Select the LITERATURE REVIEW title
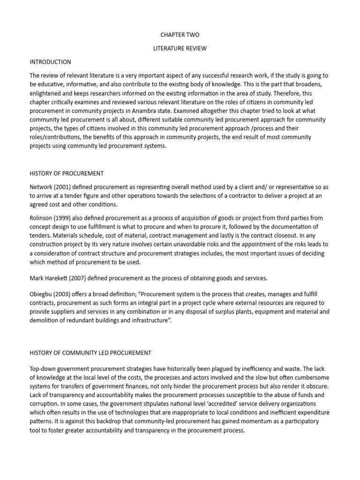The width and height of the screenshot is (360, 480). pos(180,48)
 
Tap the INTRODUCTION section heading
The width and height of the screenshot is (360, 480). pos(50,62)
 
